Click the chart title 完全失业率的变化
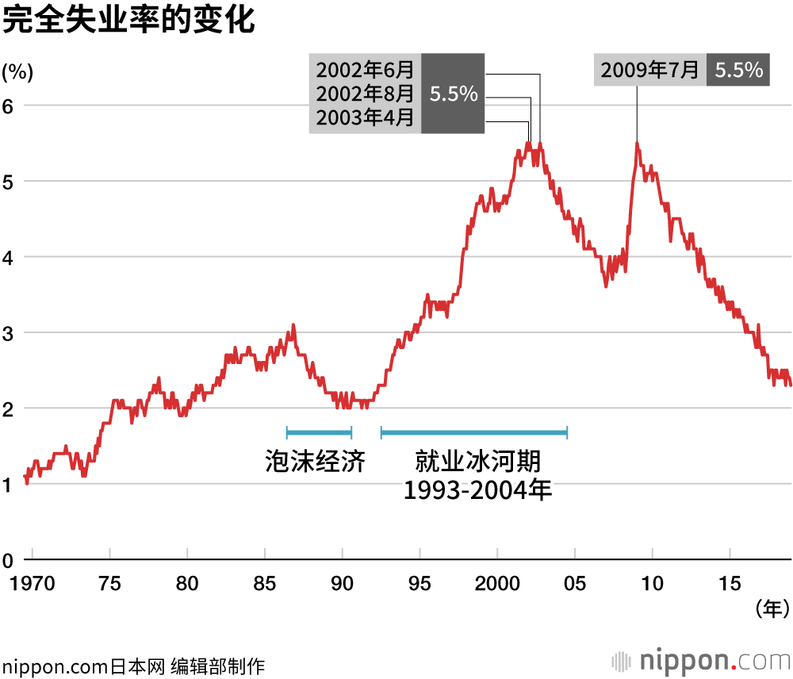click(x=129, y=21)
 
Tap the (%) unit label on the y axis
click(x=17, y=73)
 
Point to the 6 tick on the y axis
click(x=10, y=105)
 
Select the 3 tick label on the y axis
click(x=10, y=333)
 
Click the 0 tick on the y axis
click(x=10, y=561)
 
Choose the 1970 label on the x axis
click(x=33, y=584)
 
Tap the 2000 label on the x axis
click(x=497, y=584)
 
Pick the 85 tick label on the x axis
click(x=265, y=584)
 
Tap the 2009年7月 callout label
click(x=649, y=71)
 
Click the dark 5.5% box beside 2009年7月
click(x=738, y=71)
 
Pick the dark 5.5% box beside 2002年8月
click(x=453, y=94)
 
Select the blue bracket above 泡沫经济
click(x=319, y=432)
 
